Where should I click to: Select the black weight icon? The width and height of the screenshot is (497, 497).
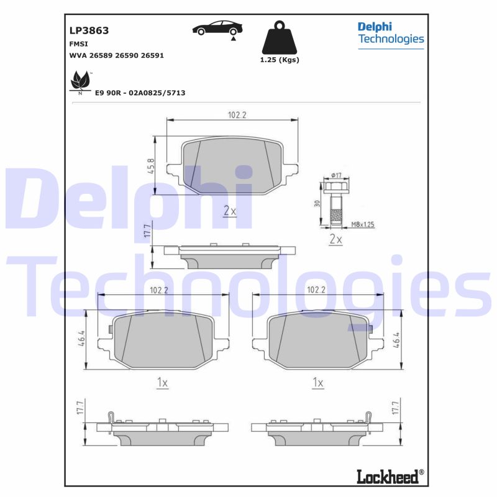[279, 39]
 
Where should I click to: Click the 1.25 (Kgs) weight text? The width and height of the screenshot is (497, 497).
[279, 60]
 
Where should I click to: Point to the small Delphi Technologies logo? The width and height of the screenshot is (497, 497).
[390, 34]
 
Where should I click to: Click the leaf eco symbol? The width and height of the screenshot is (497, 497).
[80, 81]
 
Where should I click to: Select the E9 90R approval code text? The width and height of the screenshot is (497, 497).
[140, 93]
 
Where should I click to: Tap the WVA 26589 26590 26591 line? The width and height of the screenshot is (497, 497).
[116, 55]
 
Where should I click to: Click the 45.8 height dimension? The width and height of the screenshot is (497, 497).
[152, 166]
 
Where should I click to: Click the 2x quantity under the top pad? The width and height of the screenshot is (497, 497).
[229, 211]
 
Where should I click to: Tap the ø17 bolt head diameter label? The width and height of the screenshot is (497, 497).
[336, 175]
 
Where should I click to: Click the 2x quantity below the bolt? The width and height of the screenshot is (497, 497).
[336, 239]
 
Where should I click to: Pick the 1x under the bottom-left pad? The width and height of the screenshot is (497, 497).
[162, 383]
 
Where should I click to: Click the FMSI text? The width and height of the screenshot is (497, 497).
[78, 43]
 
